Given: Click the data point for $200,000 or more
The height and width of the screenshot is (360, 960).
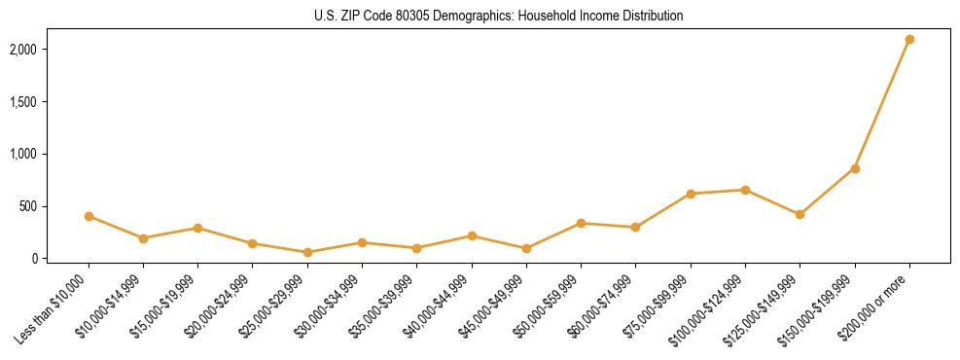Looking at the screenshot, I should pyautogui.click(x=909, y=39).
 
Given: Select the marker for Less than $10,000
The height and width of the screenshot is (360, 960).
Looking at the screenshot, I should pyautogui.click(x=89, y=216).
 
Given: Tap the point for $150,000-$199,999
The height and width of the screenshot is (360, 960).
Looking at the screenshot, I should pyautogui.click(x=855, y=168).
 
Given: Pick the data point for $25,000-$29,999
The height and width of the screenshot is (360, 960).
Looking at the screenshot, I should pyautogui.click(x=307, y=252).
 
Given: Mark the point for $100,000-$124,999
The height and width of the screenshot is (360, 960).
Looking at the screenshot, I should pyautogui.click(x=745, y=190).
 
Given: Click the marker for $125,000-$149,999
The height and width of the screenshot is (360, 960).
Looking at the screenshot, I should pyautogui.click(x=800, y=214).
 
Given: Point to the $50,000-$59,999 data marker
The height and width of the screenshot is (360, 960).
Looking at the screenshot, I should pyautogui.click(x=581, y=223).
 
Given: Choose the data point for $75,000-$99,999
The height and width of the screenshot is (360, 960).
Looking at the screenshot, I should pyautogui.click(x=691, y=194).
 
